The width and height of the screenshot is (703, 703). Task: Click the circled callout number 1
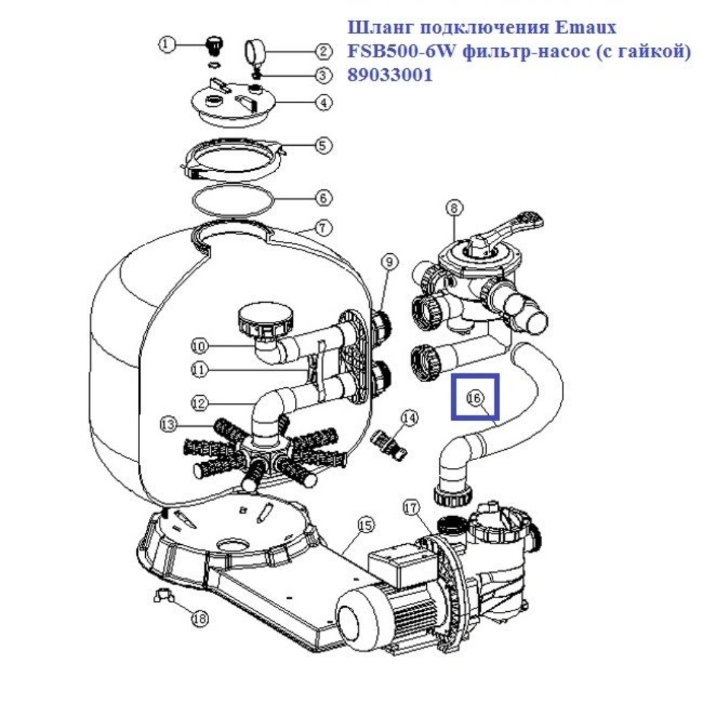(167, 45)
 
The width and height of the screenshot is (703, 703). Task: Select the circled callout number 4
(324, 103)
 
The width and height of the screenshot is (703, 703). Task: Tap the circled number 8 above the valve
(454, 208)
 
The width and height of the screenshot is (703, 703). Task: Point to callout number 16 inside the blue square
(475, 397)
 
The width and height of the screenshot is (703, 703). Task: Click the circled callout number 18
(200, 619)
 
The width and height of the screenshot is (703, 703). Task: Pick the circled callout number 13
(169, 424)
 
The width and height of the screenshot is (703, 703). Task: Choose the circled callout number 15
(366, 525)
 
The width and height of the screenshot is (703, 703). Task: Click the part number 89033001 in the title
(390, 75)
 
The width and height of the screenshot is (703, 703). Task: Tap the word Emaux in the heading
(586, 28)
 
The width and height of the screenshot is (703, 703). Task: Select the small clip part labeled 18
(163, 595)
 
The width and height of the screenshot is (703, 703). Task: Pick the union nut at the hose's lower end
(453, 494)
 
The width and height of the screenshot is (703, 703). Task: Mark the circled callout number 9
(389, 262)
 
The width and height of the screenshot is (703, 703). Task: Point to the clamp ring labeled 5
(233, 159)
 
